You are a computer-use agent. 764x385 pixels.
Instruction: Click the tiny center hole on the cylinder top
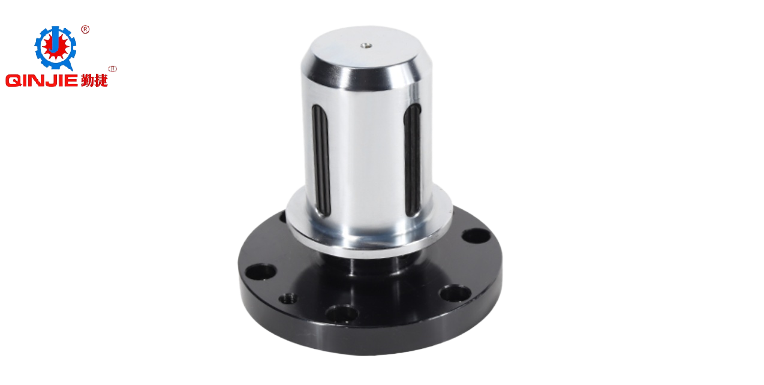pyautogui.click(x=366, y=45)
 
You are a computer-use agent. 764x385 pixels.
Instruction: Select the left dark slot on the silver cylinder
pyautogui.click(x=321, y=160)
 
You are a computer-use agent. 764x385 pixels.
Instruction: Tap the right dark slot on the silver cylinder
pyautogui.click(x=413, y=160)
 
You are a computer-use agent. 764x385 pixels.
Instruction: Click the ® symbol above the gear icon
pyautogui.click(x=85, y=29)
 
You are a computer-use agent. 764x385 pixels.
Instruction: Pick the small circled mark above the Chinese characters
pyautogui.click(x=113, y=69)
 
